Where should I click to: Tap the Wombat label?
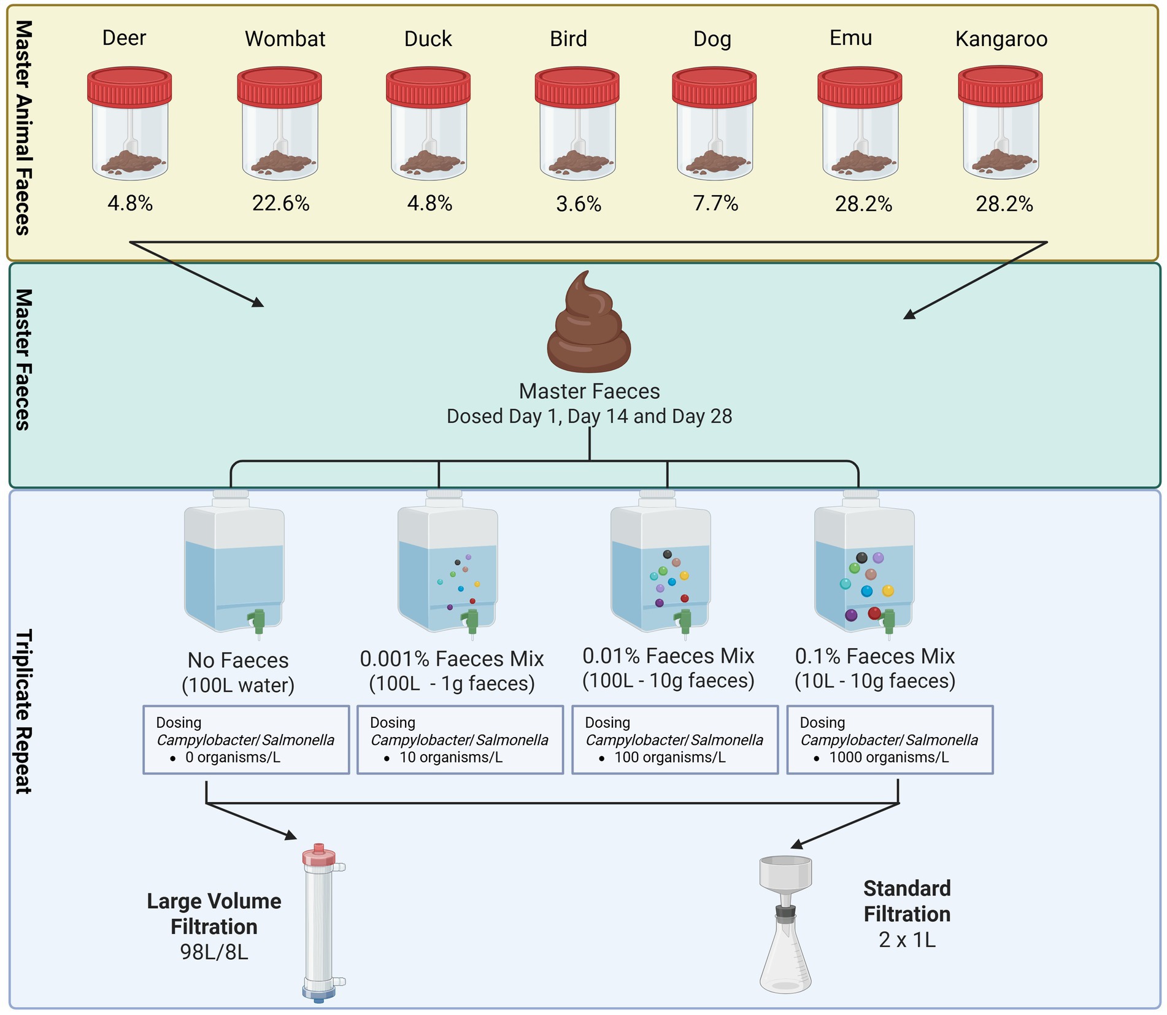point(285,39)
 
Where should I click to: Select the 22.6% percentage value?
point(280,203)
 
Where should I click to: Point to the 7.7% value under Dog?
point(715,203)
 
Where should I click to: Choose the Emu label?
point(850,38)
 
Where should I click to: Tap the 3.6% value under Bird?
point(578,204)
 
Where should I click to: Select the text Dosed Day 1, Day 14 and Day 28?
point(589,416)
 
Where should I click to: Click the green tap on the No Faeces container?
point(258,620)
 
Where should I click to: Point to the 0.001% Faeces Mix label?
point(452,658)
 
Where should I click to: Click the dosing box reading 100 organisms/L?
point(675,739)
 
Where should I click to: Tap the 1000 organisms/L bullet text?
point(888,757)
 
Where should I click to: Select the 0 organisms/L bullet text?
point(233,757)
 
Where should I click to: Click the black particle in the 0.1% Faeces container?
point(861,558)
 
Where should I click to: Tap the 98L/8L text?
point(214,952)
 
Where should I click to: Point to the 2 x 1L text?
point(907,940)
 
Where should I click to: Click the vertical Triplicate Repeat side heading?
point(23,711)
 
